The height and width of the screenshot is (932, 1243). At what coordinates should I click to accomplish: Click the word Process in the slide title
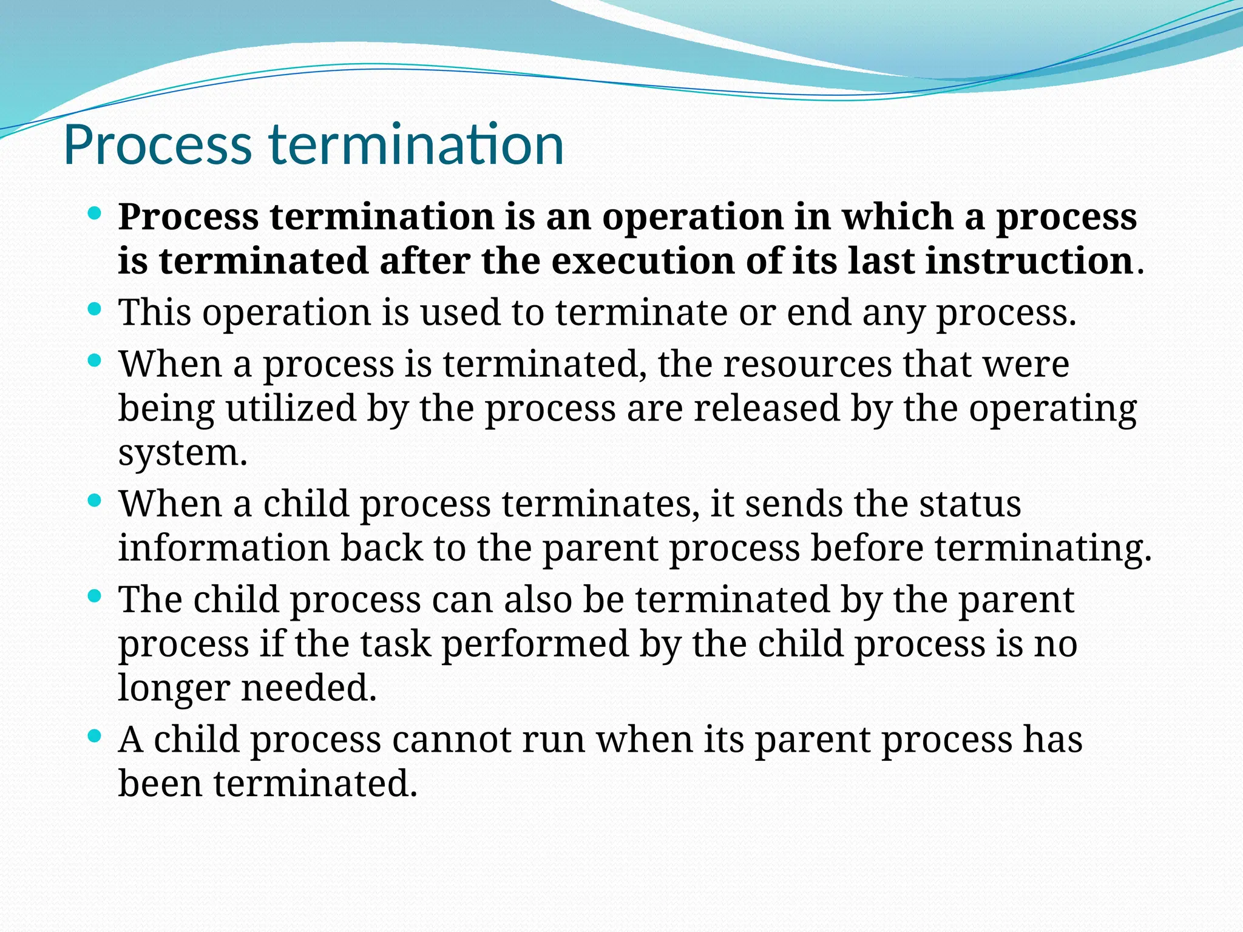157,145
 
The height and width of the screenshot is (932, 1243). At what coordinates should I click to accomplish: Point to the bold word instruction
1029,262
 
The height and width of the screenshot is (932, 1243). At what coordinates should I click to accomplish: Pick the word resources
807,365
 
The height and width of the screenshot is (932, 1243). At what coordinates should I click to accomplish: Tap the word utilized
291,408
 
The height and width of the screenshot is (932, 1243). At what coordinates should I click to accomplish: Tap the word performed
535,644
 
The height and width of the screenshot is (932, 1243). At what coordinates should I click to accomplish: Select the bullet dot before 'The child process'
94,596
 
